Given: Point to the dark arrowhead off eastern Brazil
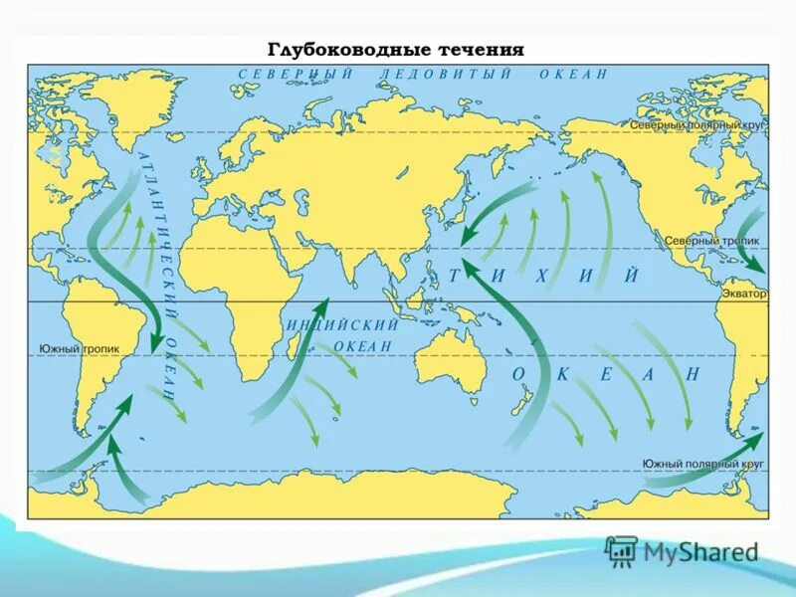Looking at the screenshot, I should click(x=154, y=342).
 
